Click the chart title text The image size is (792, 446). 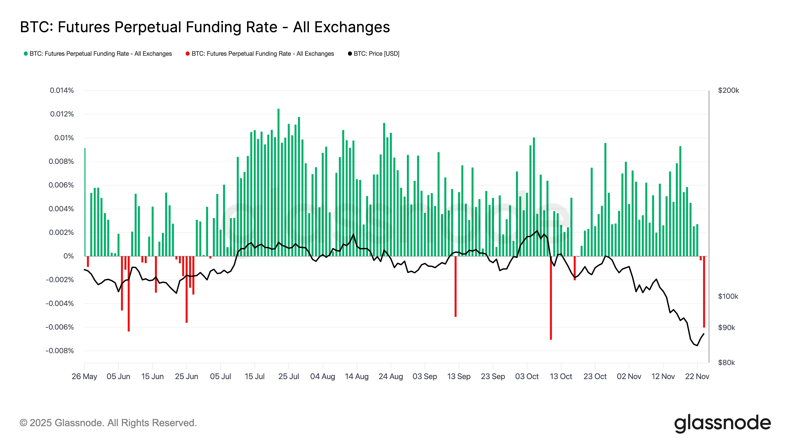point(205,27)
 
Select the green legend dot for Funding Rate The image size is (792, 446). point(26,54)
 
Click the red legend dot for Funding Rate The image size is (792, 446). point(188,54)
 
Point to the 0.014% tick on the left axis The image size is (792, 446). point(62,90)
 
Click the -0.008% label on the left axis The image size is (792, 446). point(60,351)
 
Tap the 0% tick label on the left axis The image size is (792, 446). point(68,256)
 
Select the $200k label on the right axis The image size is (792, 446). point(728,90)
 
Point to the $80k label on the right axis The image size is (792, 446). point(726,362)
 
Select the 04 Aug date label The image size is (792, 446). point(322,376)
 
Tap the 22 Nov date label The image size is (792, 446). point(697,376)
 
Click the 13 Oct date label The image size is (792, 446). point(561,376)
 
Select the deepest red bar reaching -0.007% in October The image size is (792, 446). point(551,299)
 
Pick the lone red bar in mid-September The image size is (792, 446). point(456,286)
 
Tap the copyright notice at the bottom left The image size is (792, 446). point(108,423)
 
